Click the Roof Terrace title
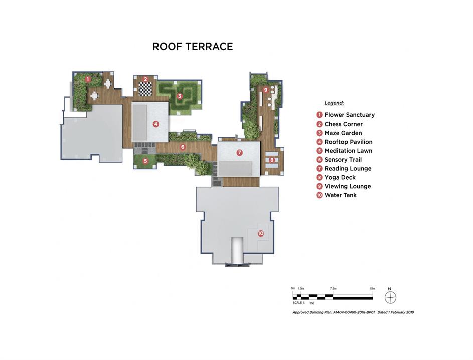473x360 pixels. click(193, 47)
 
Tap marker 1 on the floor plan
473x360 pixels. click(88, 79)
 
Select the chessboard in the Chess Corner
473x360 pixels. click(145, 89)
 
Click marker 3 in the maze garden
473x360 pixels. click(180, 96)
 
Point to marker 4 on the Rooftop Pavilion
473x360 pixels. click(155, 124)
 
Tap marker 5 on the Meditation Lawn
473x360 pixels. click(145, 161)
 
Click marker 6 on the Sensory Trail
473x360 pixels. click(183, 147)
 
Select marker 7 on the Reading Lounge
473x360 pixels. click(240, 153)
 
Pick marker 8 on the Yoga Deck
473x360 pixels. click(272, 160)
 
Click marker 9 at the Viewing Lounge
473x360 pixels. click(265, 90)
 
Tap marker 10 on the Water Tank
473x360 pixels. click(261, 233)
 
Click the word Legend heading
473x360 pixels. click(334, 103)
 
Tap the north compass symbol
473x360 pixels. click(390, 297)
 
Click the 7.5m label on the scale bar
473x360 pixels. click(333, 288)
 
